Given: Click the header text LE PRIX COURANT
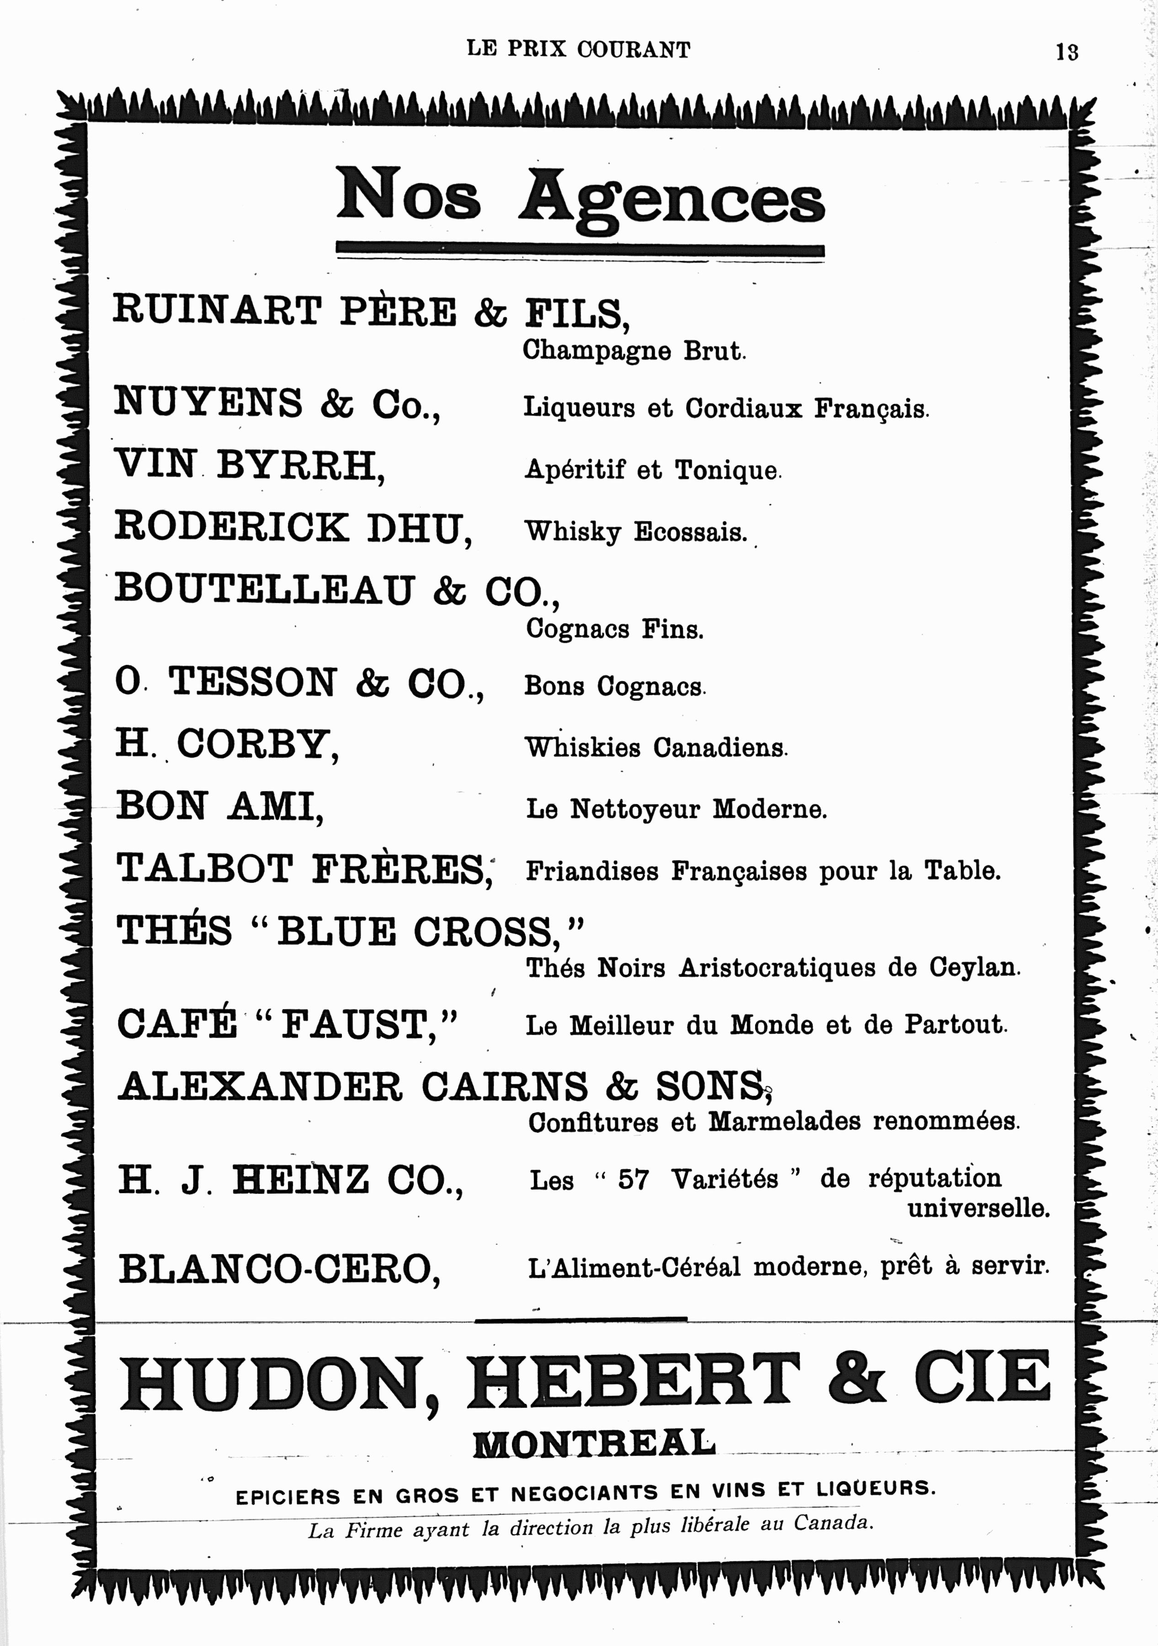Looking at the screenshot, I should coord(578,49).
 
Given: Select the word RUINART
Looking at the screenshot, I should coord(216,311).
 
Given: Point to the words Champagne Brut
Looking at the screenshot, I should coord(634,351).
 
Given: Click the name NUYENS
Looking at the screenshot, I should coord(208,402).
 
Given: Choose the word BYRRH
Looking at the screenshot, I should coord(299,465).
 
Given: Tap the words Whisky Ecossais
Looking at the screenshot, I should coord(635,532).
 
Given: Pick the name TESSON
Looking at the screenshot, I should coord(252,682).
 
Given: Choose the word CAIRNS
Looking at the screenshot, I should coord(504,1087).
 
